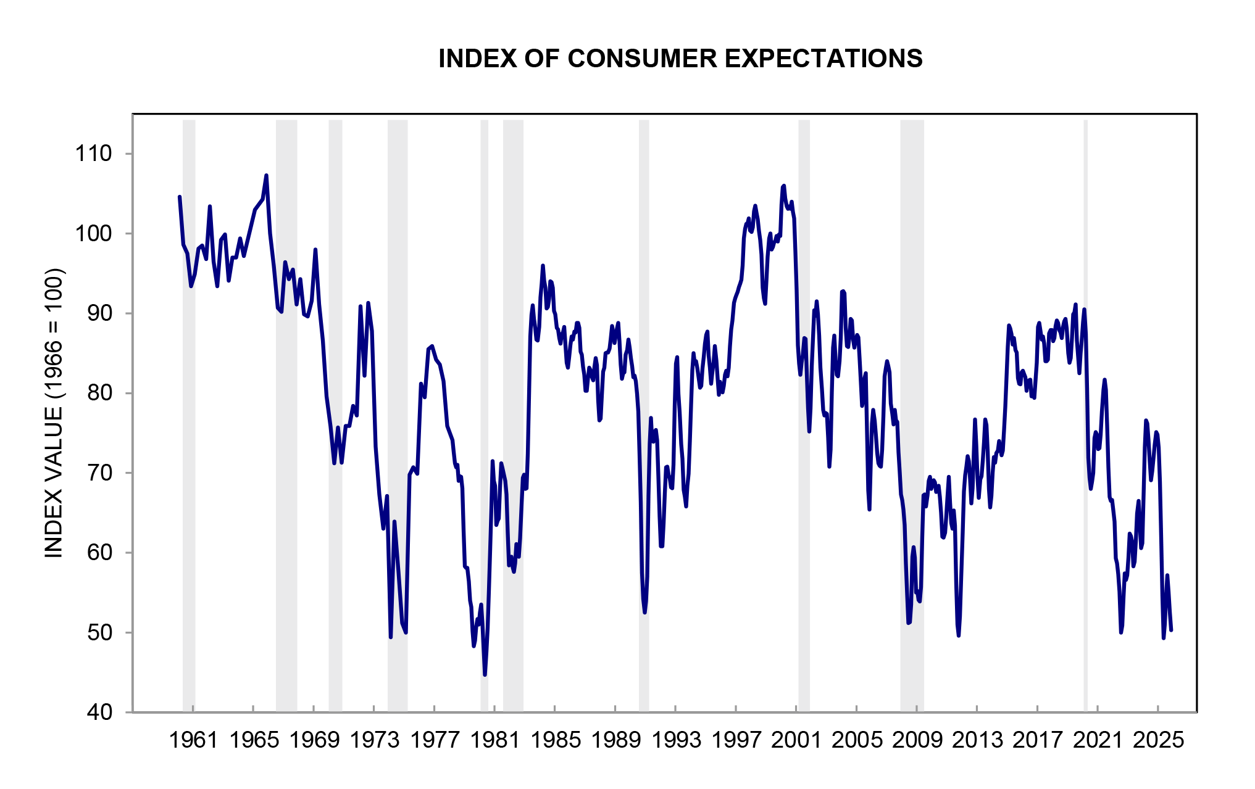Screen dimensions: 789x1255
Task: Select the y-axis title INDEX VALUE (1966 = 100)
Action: pyautogui.click(x=54, y=413)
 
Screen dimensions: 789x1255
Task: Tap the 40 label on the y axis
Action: pyautogui.click(x=100, y=713)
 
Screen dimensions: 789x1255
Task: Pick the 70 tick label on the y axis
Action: pyautogui.click(x=100, y=473)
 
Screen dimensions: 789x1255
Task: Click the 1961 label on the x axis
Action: pyautogui.click(x=193, y=740)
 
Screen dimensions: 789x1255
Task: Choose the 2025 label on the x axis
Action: pyautogui.click(x=1158, y=740)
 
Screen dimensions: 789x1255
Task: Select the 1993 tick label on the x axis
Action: pyautogui.click(x=676, y=740)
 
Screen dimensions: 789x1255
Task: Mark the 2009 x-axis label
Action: pyautogui.click(x=917, y=740)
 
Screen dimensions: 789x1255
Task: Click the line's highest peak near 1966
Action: pyautogui.click(x=266, y=176)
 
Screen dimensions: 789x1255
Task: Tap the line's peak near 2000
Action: pyautogui.click(x=784, y=186)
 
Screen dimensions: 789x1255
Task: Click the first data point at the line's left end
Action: pyautogui.click(x=179, y=197)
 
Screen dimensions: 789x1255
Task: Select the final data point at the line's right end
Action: pyautogui.click(x=1171, y=630)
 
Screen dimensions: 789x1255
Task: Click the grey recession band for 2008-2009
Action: pyautogui.click(x=912, y=413)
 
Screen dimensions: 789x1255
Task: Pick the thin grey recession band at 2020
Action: pyautogui.click(x=1085, y=413)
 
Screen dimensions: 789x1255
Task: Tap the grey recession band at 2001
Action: pyautogui.click(x=804, y=413)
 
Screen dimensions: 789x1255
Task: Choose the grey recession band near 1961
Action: pyautogui.click(x=189, y=413)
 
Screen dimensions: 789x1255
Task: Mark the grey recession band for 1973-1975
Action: pyautogui.click(x=398, y=413)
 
